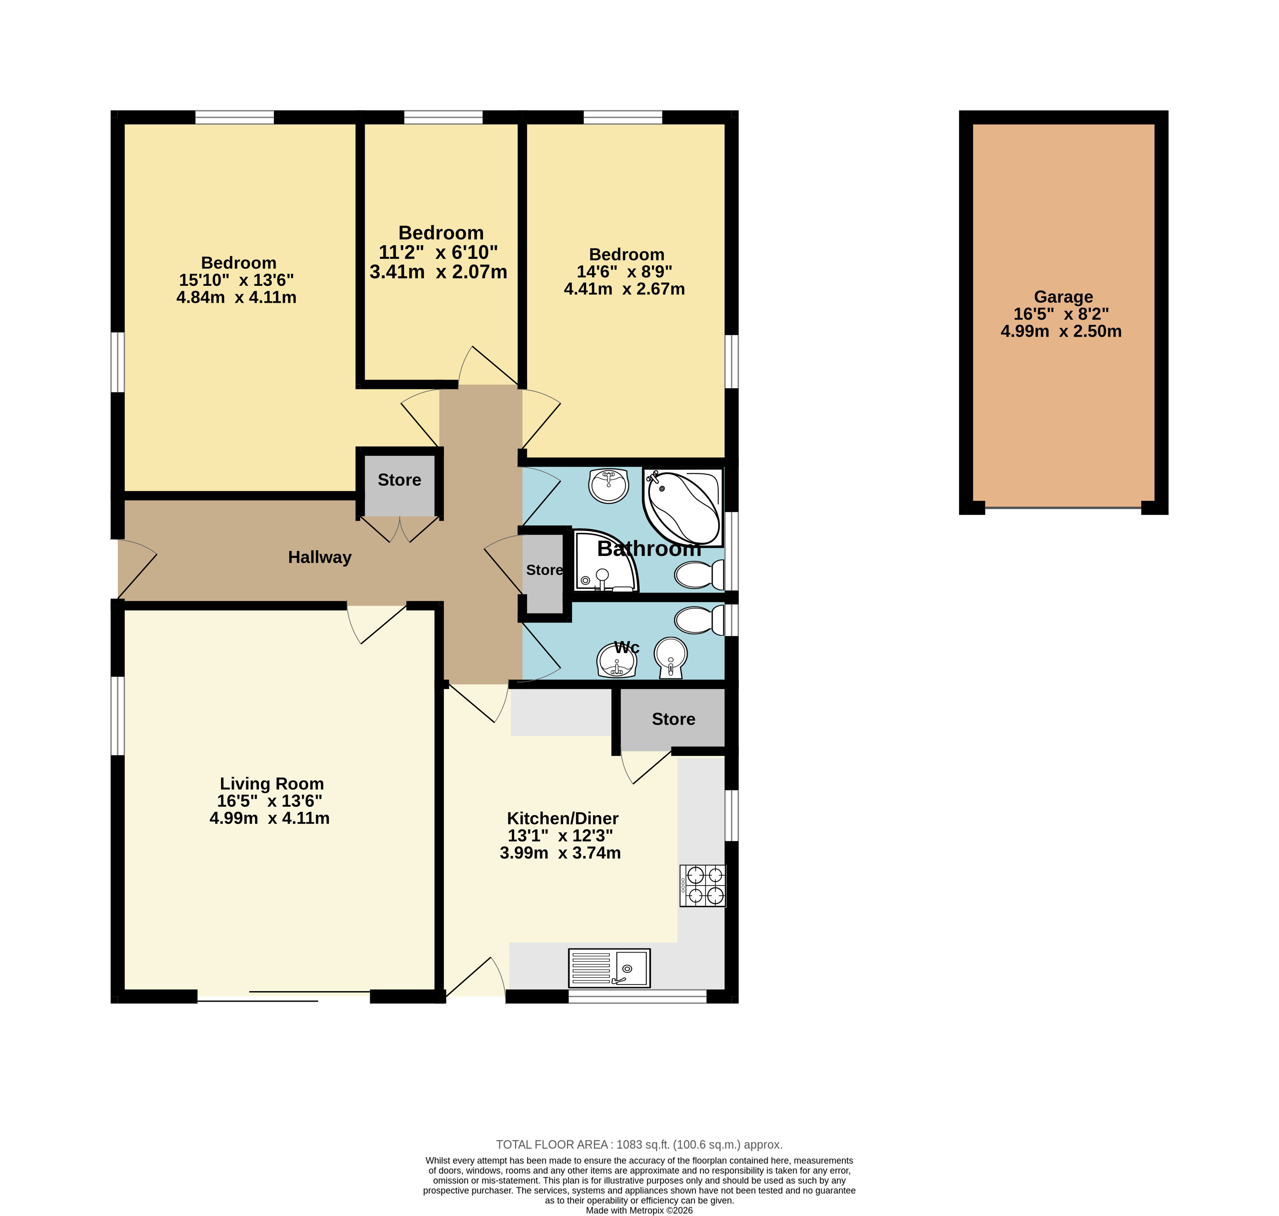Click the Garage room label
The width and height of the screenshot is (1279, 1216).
coord(1063,297)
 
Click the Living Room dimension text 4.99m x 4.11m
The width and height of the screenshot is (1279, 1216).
coord(269,818)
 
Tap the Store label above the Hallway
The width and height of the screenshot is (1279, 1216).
coord(399,480)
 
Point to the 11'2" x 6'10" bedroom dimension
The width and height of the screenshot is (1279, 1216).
coord(438,252)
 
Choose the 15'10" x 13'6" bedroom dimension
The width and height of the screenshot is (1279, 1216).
coord(237,280)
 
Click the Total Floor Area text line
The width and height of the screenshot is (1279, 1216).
coord(639,1145)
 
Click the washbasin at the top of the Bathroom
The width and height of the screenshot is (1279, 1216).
coord(609,486)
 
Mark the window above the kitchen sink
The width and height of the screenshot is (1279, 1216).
coord(637,996)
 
